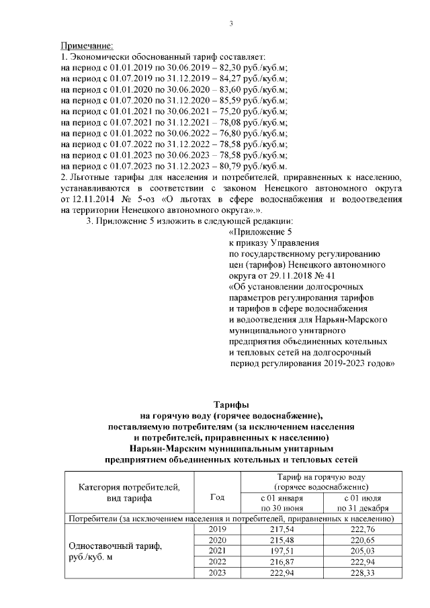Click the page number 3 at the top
[231, 24]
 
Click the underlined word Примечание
[87, 46]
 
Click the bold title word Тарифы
[231, 405]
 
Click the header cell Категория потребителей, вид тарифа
[129, 492]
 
